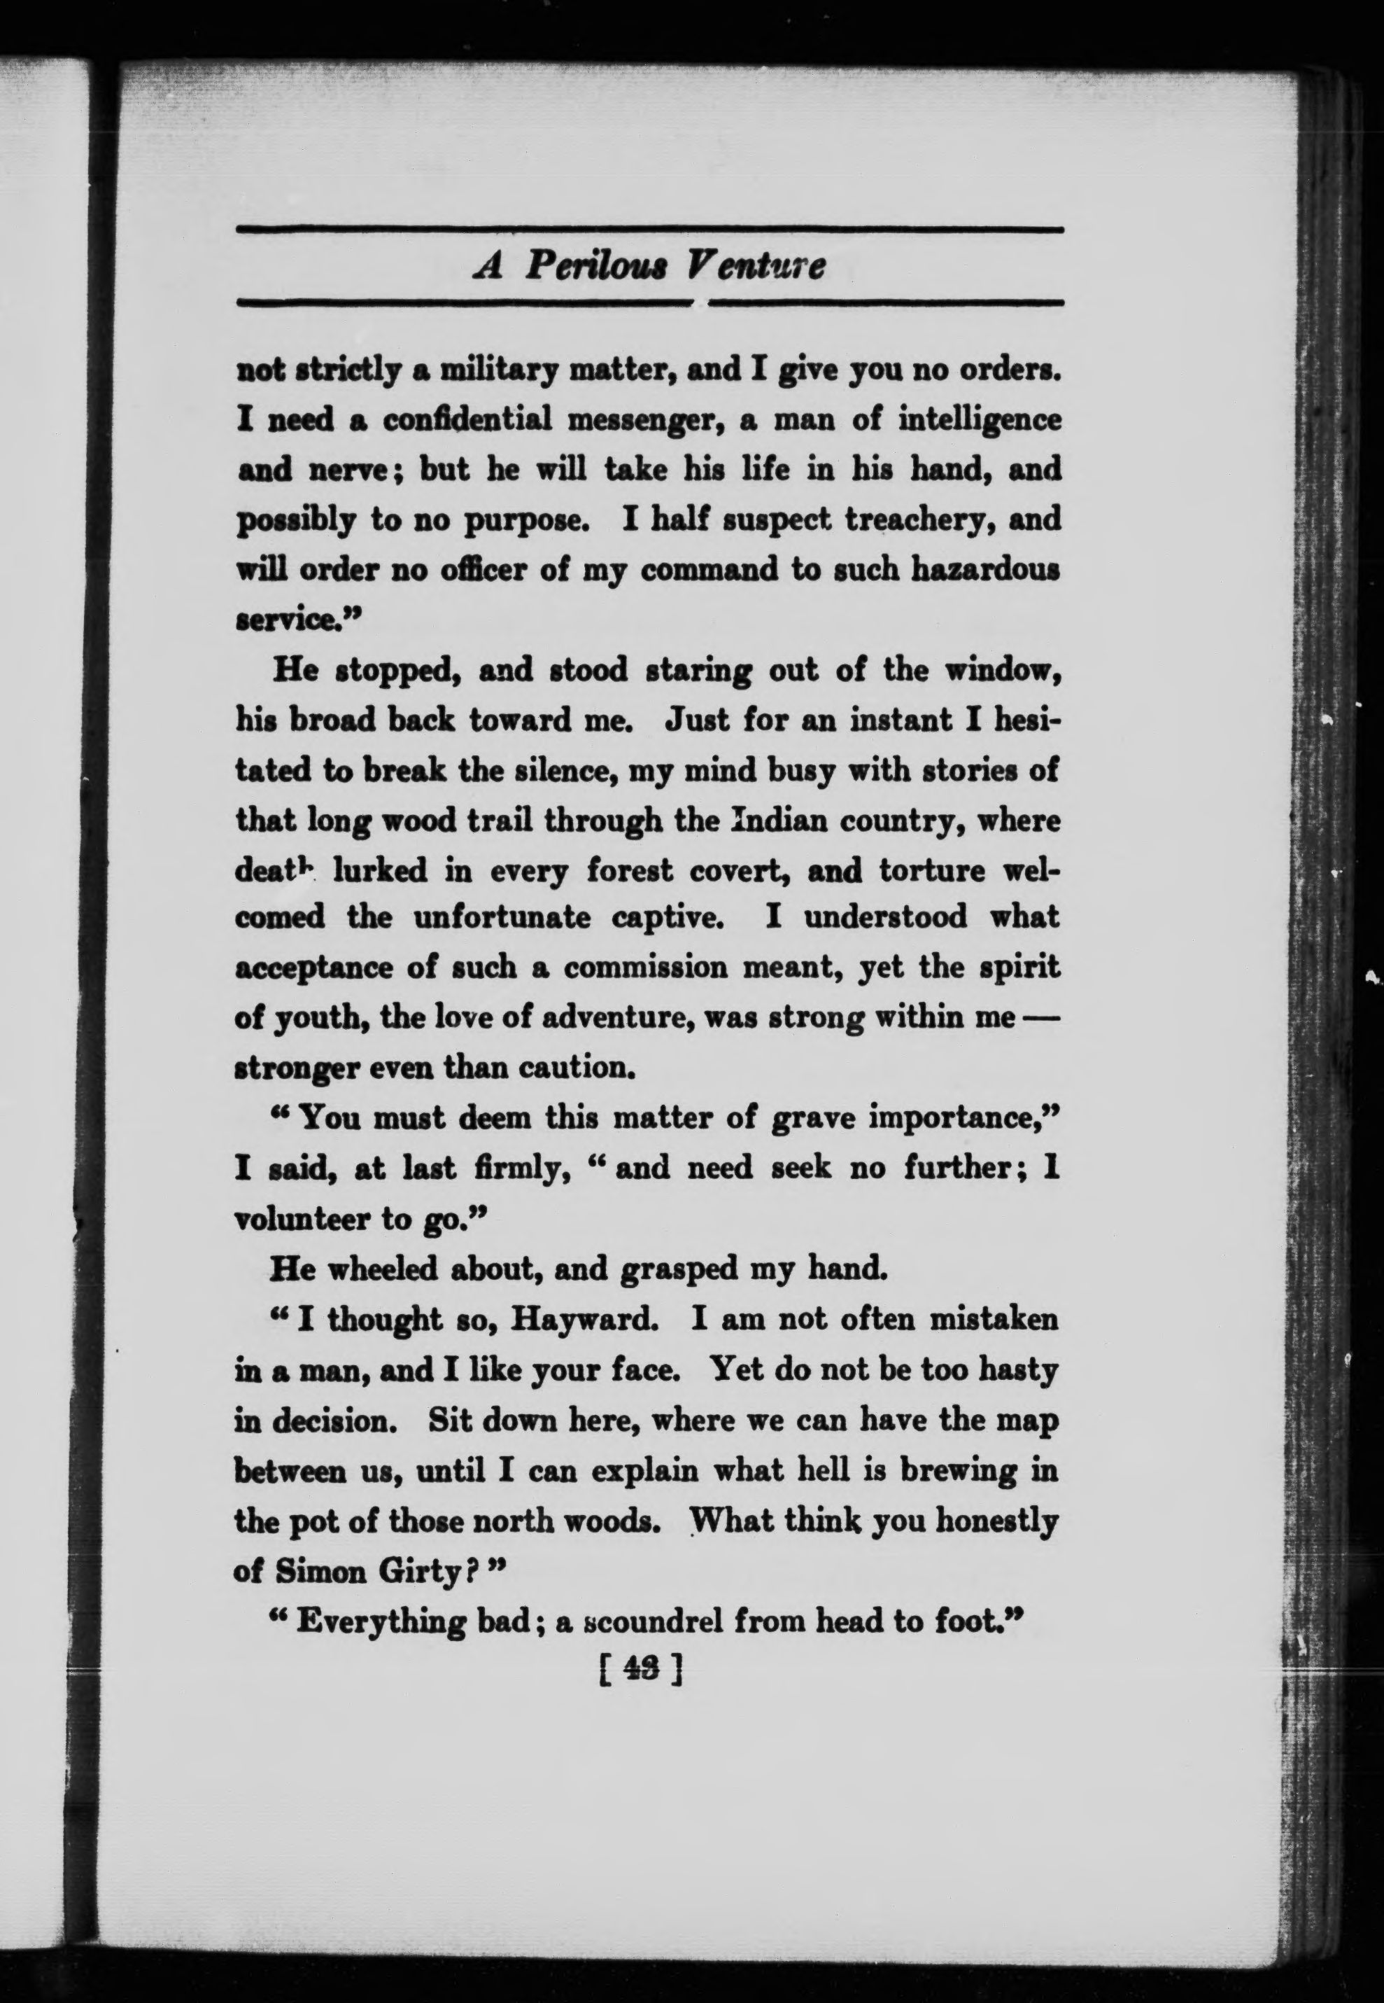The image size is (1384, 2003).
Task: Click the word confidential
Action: click(467, 420)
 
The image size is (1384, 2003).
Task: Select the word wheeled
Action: click(386, 1270)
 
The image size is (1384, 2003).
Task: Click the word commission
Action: click(646, 968)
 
